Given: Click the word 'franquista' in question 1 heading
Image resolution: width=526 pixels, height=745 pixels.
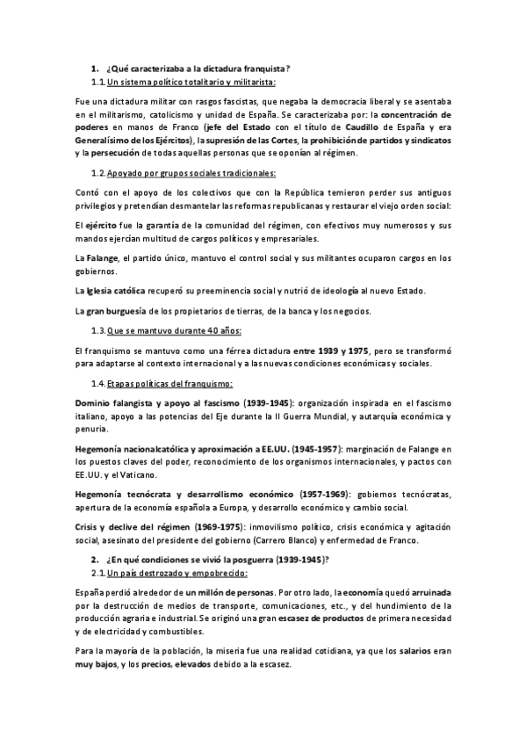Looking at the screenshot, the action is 264,69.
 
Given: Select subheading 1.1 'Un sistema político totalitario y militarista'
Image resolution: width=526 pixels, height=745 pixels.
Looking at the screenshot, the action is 191,83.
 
